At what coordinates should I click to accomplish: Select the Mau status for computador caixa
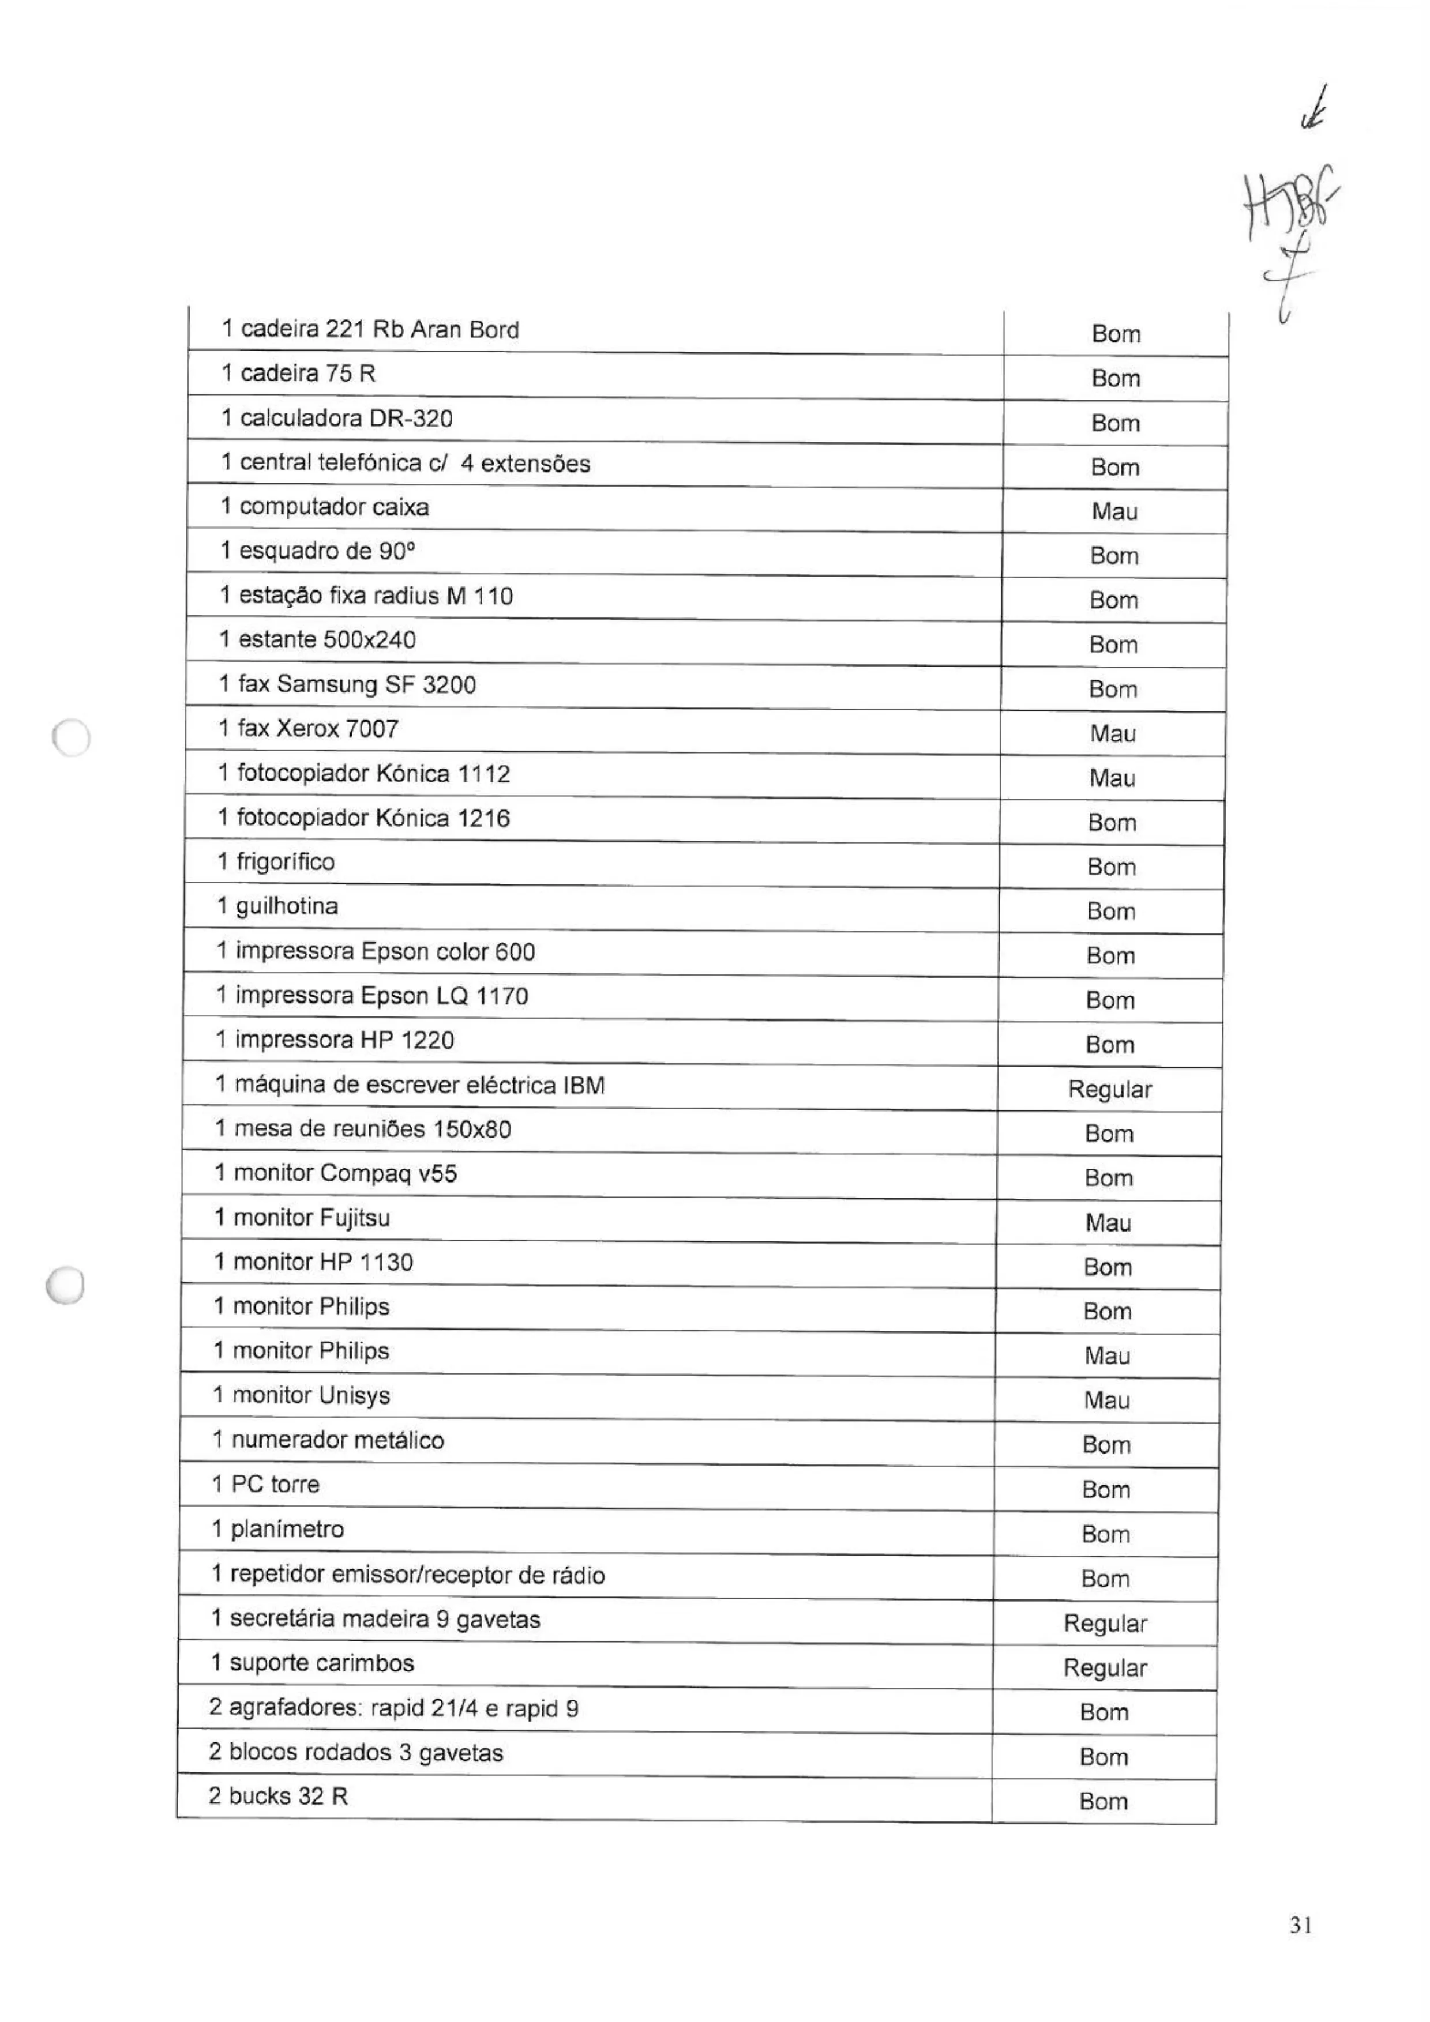[1114, 511]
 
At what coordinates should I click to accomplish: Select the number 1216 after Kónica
[483, 818]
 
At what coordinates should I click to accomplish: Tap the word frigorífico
[284, 862]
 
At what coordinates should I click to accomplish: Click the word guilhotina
[286, 906]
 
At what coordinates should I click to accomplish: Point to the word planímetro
[287, 1530]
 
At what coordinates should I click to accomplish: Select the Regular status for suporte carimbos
[1105, 1668]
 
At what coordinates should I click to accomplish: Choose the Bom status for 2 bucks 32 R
[1103, 1802]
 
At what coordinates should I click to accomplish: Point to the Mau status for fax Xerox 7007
[1113, 733]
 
